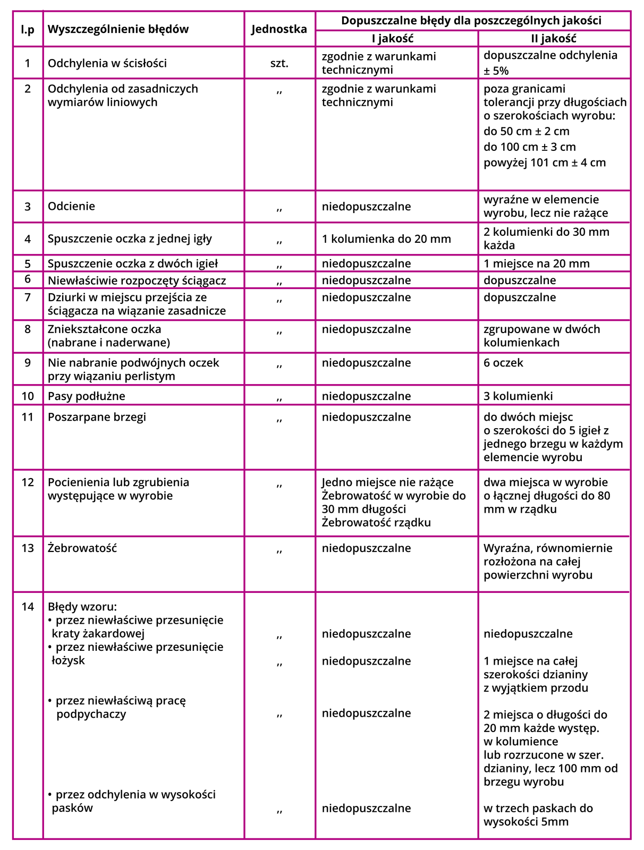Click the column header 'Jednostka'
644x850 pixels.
[279, 29]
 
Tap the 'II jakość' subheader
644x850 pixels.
[554, 38]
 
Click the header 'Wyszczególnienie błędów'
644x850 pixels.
[118, 29]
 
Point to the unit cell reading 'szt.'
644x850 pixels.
[279, 63]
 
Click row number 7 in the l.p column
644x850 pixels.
[28, 297]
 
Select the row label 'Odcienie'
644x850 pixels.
[71, 206]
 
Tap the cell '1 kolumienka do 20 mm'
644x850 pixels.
[386, 239]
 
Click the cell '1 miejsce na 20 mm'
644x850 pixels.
[536, 263]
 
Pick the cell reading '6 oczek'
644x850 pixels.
[503, 363]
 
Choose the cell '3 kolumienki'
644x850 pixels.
[518, 396]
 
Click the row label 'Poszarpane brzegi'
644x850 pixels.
[97, 417]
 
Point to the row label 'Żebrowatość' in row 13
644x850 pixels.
[82, 548]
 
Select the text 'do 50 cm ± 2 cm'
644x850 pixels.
[526, 131]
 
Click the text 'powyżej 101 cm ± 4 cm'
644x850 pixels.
[544, 163]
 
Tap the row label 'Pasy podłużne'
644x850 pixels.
[87, 396]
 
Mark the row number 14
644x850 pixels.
[28, 606]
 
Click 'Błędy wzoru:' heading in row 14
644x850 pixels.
[82, 606]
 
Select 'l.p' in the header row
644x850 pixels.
[28, 29]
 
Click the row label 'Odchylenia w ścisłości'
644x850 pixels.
[107, 63]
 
